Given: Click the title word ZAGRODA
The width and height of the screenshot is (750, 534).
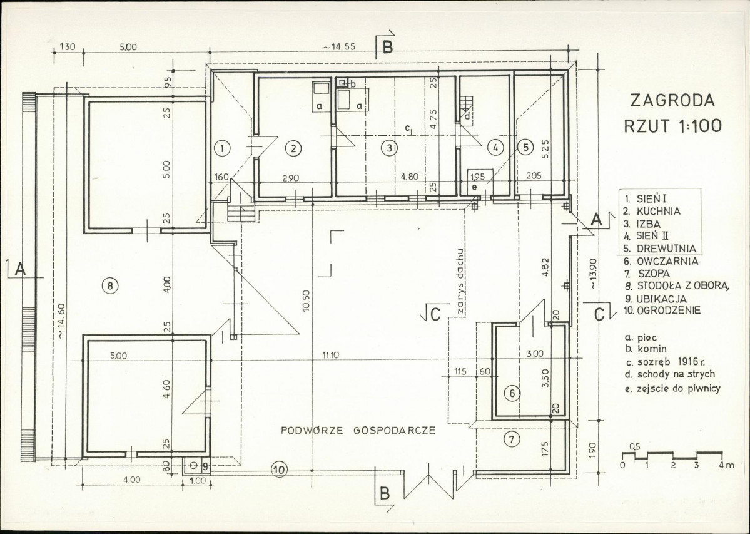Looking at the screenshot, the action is (672, 101).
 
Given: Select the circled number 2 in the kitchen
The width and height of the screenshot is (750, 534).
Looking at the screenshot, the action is (293, 148).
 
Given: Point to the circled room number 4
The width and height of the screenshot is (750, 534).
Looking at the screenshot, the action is (495, 148).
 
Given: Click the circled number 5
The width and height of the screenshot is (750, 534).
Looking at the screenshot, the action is (525, 147).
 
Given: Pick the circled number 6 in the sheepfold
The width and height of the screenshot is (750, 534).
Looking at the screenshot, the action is (512, 394).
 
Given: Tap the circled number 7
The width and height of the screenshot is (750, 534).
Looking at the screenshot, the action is (512, 439).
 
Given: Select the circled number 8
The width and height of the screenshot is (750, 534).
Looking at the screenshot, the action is (110, 286).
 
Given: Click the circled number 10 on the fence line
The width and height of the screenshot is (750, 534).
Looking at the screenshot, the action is (279, 470).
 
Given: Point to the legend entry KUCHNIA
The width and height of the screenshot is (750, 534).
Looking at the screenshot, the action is (658, 211).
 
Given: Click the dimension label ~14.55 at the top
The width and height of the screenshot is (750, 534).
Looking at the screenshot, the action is (338, 47).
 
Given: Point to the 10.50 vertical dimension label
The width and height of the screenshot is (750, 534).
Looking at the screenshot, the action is (307, 301).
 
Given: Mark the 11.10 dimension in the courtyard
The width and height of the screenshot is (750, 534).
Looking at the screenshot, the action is (330, 355).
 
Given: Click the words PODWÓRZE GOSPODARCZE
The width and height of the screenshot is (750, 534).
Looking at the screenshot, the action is (358, 430).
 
